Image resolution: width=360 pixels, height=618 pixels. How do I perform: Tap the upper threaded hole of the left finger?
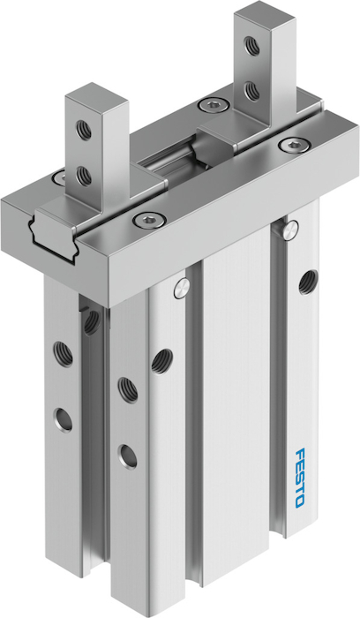point(84,129)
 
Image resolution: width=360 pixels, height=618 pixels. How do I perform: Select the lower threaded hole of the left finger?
point(84,175)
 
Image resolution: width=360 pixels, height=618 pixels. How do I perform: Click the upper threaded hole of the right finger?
point(251,45)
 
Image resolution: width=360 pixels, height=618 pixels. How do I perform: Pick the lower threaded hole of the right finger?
point(251,90)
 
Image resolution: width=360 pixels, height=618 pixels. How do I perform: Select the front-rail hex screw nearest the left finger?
point(148,219)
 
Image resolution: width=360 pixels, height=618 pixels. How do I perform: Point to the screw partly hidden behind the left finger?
point(60,177)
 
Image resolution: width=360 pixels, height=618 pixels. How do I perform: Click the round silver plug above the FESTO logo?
point(291,228)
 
